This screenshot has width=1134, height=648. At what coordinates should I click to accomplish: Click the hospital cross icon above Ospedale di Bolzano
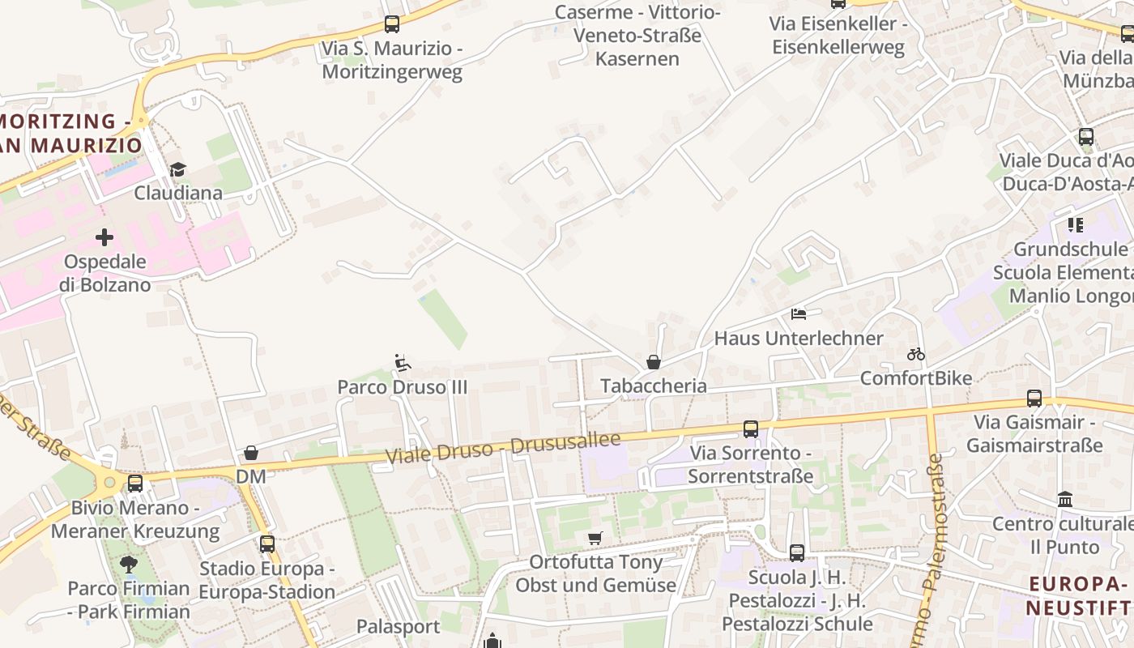point(104,237)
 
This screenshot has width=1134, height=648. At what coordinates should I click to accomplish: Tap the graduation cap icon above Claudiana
point(177,169)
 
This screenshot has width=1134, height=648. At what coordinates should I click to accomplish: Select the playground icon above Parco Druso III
point(402,363)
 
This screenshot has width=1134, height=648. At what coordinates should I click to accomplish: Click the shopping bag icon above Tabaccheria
point(654,362)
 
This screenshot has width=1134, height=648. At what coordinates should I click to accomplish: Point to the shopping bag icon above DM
point(251,453)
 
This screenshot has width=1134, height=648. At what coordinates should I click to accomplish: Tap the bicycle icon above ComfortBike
point(916,354)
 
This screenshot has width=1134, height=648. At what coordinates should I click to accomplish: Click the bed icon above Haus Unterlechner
point(799,313)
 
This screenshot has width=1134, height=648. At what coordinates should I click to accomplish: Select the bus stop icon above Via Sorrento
point(751,428)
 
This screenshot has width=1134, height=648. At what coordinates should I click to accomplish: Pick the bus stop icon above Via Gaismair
point(1034,398)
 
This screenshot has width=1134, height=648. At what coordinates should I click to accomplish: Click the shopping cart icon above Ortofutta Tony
point(595,538)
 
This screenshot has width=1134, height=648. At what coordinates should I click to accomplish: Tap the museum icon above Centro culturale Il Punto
point(1065,500)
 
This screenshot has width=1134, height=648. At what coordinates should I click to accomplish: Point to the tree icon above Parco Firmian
point(128,564)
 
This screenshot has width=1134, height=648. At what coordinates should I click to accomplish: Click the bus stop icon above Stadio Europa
point(267,544)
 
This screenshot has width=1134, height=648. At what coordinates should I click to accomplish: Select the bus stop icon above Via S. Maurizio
point(392,24)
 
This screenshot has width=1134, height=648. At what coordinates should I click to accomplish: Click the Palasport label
point(399,626)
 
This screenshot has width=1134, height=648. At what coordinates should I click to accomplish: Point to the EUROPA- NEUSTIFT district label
point(1078,595)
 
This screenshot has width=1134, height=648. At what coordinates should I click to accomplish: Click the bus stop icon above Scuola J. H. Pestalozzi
point(797,553)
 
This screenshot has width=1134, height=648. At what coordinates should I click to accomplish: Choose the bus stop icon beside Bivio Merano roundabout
point(135,484)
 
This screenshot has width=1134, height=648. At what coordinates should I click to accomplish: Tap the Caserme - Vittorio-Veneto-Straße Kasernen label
point(637,36)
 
